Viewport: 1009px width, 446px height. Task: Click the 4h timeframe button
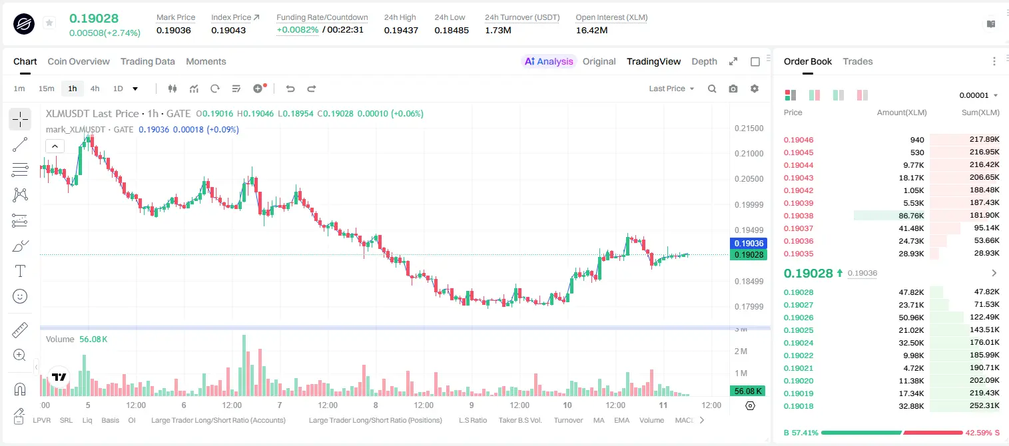pyautogui.click(x=95, y=89)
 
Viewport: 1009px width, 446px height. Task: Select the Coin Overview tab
pyautogui.click(x=79, y=61)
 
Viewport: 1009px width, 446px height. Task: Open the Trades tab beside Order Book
pyautogui.click(x=857, y=61)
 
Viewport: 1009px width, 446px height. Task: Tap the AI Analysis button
pyautogui.click(x=549, y=61)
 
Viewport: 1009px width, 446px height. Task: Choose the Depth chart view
pyautogui.click(x=704, y=61)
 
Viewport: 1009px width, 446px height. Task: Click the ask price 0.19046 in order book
pyautogui.click(x=798, y=140)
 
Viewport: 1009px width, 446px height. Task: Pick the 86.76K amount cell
pyautogui.click(x=911, y=216)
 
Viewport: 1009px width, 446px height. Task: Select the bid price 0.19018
pyautogui.click(x=798, y=406)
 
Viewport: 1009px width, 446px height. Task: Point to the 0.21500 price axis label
pyautogui.click(x=749, y=128)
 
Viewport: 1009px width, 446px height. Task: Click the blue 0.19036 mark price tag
pyautogui.click(x=749, y=244)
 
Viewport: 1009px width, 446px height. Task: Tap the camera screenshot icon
pyautogui.click(x=733, y=89)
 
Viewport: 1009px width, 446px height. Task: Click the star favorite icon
pyautogui.click(x=49, y=23)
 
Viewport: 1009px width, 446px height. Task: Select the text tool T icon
pyautogui.click(x=20, y=271)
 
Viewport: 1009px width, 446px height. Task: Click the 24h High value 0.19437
pyautogui.click(x=401, y=30)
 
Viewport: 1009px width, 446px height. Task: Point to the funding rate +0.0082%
pyautogui.click(x=297, y=30)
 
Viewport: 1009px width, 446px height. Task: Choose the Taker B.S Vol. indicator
pyautogui.click(x=519, y=420)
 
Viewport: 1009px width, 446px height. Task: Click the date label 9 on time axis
pyautogui.click(x=471, y=405)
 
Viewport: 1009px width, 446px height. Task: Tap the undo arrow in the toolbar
pyautogui.click(x=290, y=89)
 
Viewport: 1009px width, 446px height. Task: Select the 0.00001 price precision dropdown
pyautogui.click(x=978, y=95)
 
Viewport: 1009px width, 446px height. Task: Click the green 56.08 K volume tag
pyautogui.click(x=748, y=391)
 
